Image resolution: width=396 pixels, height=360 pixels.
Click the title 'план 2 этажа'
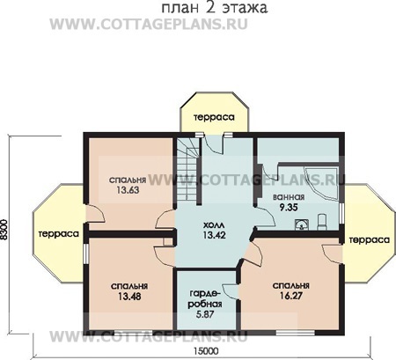[215, 11]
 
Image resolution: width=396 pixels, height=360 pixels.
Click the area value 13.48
[128, 295]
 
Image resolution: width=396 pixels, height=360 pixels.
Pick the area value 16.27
[290, 297]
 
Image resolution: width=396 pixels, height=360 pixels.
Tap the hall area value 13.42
[208, 236]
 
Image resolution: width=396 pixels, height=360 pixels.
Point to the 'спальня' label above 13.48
[128, 285]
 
